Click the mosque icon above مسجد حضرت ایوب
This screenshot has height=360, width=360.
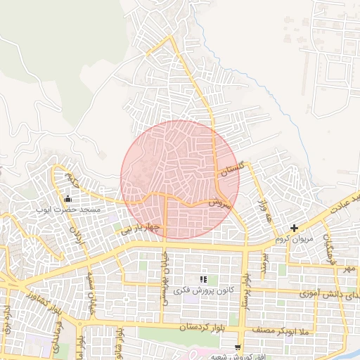coord(67,199)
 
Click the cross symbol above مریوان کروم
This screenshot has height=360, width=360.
coord(294,228)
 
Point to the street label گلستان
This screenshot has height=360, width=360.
coord(232,169)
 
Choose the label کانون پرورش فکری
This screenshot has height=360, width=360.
coord(203,290)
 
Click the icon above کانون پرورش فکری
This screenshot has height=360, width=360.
coord(203,280)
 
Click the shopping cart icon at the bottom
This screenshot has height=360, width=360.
coord(238,347)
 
